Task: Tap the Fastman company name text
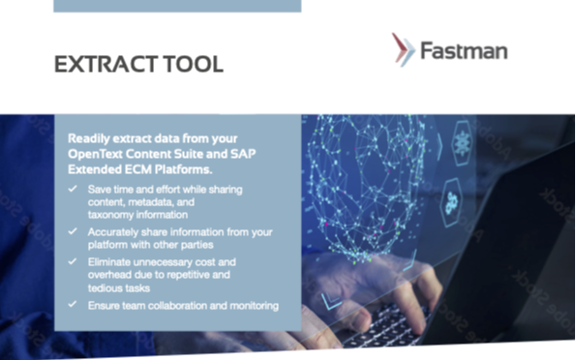pyautogui.click(x=463, y=50)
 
